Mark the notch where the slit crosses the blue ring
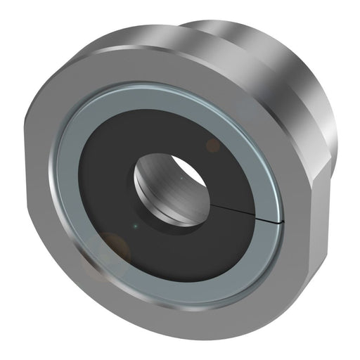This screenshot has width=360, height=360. point(282,222)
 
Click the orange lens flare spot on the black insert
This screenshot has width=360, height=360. point(212,146)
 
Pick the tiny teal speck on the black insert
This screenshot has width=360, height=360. point(135,226)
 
